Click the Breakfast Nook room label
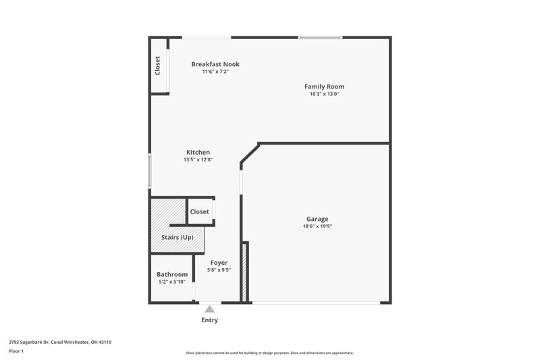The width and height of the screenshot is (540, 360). [215, 64]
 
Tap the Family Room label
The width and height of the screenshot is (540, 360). [324, 86]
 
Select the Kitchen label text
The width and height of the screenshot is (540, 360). [198, 153]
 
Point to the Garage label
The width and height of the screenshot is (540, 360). [317, 219]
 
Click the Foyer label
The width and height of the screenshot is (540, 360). [219, 262]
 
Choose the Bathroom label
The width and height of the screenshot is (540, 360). [172, 274]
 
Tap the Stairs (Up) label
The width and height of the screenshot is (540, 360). [178, 238]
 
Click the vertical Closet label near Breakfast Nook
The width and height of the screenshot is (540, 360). [158, 66]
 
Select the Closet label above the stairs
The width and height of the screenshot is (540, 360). [200, 211]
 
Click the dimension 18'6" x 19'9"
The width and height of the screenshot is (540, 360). [317, 226]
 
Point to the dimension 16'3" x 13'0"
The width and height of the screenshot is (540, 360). [324, 94]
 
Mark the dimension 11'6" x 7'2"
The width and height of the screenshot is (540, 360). [215, 72]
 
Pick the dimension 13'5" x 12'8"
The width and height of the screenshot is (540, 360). [198, 160]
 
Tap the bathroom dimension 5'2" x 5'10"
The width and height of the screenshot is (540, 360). [172, 282]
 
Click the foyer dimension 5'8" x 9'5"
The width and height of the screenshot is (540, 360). [219, 269]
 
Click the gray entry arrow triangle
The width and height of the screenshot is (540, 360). [209, 309]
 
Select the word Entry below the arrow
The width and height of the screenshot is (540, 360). [209, 320]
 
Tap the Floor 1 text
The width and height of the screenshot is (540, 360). [16, 352]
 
